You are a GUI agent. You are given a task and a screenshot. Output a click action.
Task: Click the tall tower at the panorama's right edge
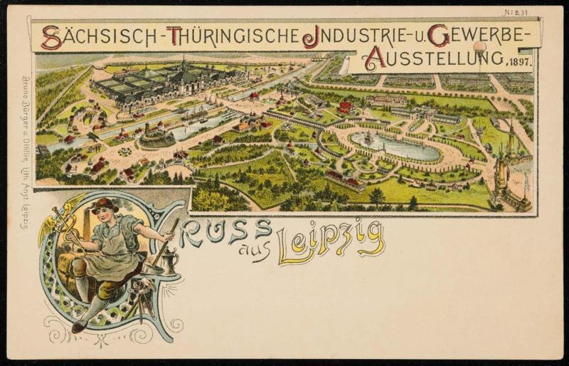tap(511, 153)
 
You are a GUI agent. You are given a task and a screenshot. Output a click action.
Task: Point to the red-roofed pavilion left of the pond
tap(346, 107)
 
